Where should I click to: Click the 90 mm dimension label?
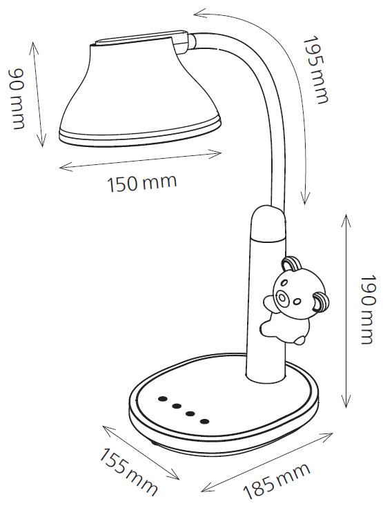click(x=16, y=99)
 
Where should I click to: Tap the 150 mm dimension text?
click(x=142, y=183)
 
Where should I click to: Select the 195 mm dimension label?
click(x=315, y=70)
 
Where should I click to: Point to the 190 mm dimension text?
click(x=367, y=309)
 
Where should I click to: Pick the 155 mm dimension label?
click(x=128, y=467)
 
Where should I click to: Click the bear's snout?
click(x=282, y=297)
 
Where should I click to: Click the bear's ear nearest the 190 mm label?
click(x=321, y=302)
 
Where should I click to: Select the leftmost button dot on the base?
click(x=162, y=398)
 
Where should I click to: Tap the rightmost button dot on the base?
click(x=205, y=421)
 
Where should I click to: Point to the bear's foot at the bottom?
click(x=299, y=340)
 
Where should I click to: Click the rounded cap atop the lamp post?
click(x=268, y=223)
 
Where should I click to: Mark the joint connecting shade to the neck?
click(x=185, y=42)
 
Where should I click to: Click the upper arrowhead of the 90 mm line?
click(x=33, y=48)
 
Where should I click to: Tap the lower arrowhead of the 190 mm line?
click(x=346, y=402)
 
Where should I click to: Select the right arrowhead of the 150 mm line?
click(x=215, y=153)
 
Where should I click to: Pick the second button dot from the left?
click(x=177, y=406)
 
